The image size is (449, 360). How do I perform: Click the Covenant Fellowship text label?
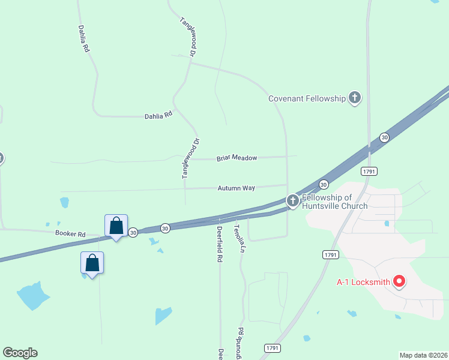pyautogui.click(x=307, y=98)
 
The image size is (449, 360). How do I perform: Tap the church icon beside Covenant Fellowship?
pyautogui.click(x=355, y=98)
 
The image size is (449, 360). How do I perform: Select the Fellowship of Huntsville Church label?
pyautogui.click(x=335, y=202)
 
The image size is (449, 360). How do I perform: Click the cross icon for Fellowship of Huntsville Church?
pyautogui.click(x=292, y=201)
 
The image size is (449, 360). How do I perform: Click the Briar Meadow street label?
pyautogui.click(x=237, y=158)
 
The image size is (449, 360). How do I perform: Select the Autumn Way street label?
pyautogui.click(x=236, y=188)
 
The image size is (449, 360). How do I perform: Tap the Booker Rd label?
pyautogui.click(x=70, y=233)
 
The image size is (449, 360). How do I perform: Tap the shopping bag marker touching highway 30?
pyautogui.click(x=116, y=226)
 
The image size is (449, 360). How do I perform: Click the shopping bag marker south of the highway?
pyautogui.click(x=92, y=263)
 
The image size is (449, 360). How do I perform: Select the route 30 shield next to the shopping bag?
pyautogui.click(x=133, y=232)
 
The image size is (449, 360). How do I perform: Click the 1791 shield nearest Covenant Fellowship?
pyautogui.click(x=369, y=172)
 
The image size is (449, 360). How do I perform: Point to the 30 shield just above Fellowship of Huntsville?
pyautogui.click(x=324, y=184)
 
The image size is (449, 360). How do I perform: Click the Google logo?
pyautogui.click(x=20, y=353)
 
